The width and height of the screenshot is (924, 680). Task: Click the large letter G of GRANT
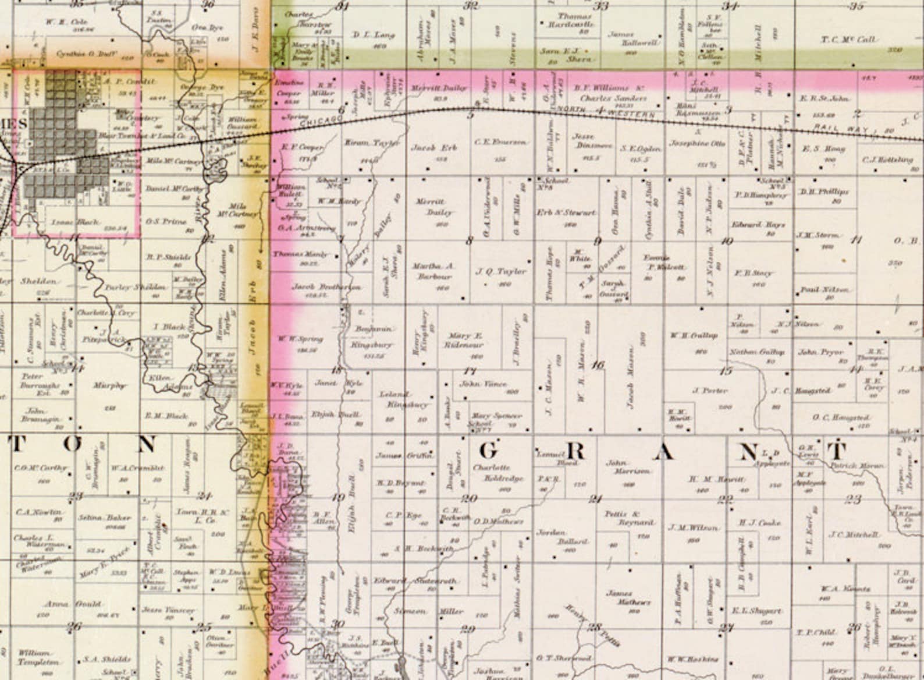pyautogui.click(x=490, y=450)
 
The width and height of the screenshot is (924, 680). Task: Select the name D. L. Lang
pyautogui.click(x=374, y=35)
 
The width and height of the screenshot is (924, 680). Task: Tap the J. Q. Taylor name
pyautogui.click(x=500, y=271)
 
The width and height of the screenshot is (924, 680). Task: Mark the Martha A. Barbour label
pyautogui.click(x=433, y=271)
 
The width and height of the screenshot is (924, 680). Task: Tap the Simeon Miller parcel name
pyautogui.click(x=428, y=611)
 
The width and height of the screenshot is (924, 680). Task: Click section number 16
pyautogui.click(x=598, y=365)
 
